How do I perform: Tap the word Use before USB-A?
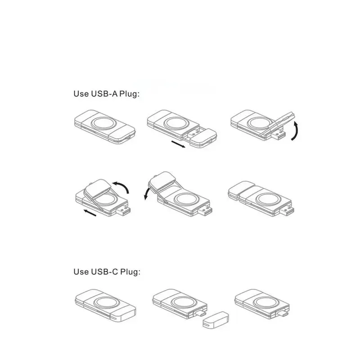[x=81, y=94]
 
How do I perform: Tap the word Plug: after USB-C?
[x=130, y=272]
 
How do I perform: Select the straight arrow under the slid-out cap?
[x=178, y=144]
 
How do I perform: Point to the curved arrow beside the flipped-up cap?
[x=295, y=131]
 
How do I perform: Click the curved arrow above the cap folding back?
[x=121, y=187]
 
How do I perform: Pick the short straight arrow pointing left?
[x=90, y=213]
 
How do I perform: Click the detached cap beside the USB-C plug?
[x=216, y=320]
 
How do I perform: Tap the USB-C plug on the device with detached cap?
[x=200, y=313]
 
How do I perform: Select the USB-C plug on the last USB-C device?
[x=283, y=313]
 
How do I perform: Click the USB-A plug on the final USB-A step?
[x=287, y=211]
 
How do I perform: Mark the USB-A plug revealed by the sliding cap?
[x=194, y=133]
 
